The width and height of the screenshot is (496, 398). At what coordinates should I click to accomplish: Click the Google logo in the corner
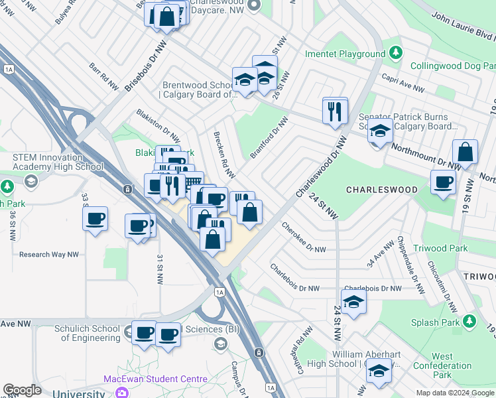pos(22,390)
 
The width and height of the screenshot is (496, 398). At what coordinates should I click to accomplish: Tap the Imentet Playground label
pos(345,54)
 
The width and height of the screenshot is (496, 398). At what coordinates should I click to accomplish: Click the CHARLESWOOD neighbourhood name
pos(382,190)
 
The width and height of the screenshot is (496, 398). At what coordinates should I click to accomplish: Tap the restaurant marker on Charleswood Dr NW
pos(335,110)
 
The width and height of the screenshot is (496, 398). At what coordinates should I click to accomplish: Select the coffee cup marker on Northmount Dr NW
pos(443,182)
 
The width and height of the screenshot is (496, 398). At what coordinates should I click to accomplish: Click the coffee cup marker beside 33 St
pos(95,218)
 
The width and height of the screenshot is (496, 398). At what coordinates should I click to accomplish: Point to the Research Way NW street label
pos(49,254)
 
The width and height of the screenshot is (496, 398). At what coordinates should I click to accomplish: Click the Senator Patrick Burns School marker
pos(381,131)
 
